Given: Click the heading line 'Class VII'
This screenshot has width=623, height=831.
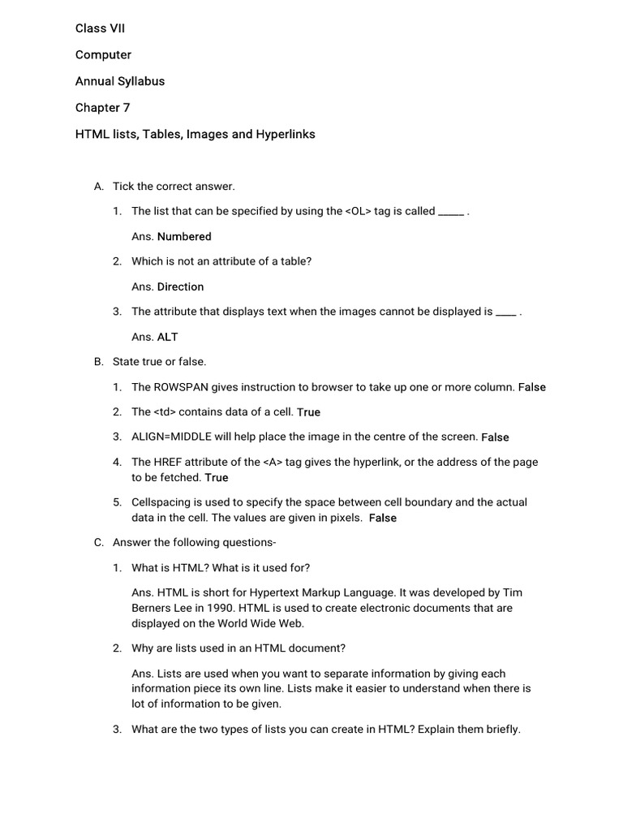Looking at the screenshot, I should click(x=101, y=28).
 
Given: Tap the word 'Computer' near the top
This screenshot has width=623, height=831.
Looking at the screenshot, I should click(x=103, y=55).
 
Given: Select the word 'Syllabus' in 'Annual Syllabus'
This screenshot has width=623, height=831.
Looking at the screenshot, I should click(x=140, y=81).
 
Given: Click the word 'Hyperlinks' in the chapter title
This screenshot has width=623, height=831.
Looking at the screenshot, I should click(x=286, y=134).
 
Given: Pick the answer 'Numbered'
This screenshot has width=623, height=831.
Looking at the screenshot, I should click(x=184, y=237).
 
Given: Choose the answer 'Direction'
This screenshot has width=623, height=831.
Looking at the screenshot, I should click(x=180, y=286).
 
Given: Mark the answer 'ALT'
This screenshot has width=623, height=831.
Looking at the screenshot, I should click(x=167, y=337).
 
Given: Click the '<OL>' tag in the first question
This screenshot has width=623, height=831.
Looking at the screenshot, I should click(x=358, y=211).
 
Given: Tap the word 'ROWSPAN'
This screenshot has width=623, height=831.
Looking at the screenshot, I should click(x=180, y=387).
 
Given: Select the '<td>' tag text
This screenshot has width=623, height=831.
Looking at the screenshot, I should click(x=165, y=411).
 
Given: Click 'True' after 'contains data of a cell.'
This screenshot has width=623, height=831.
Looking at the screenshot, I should click(x=308, y=412).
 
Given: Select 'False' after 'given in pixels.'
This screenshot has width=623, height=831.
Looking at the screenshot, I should click(x=383, y=518).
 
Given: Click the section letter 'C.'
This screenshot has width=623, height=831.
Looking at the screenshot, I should click(x=99, y=543).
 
